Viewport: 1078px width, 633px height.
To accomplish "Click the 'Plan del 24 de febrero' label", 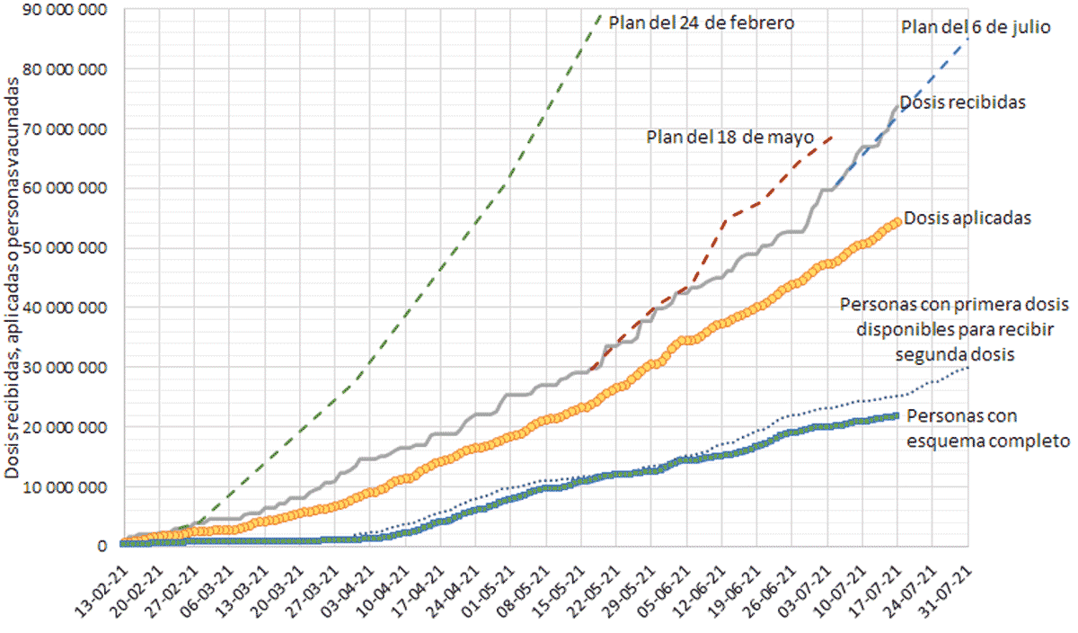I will pyautogui.click(x=701, y=22).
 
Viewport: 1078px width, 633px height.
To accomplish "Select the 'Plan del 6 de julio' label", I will pyautogui.click(x=975, y=27).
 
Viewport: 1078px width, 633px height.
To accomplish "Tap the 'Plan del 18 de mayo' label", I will pyautogui.click(x=729, y=138).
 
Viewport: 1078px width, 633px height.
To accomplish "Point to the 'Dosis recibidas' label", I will pyautogui.click(x=961, y=103).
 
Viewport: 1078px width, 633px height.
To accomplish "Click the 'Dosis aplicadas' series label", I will pyautogui.click(x=967, y=217).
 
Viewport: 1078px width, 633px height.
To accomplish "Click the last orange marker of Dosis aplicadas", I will pyautogui.click(x=897, y=221).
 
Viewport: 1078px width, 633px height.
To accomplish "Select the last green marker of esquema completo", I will pyautogui.click(x=897, y=415).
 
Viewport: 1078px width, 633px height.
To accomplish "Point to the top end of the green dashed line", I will pyautogui.click(x=600, y=13).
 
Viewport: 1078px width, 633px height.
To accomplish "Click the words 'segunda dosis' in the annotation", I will pyautogui.click(x=955, y=354).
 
